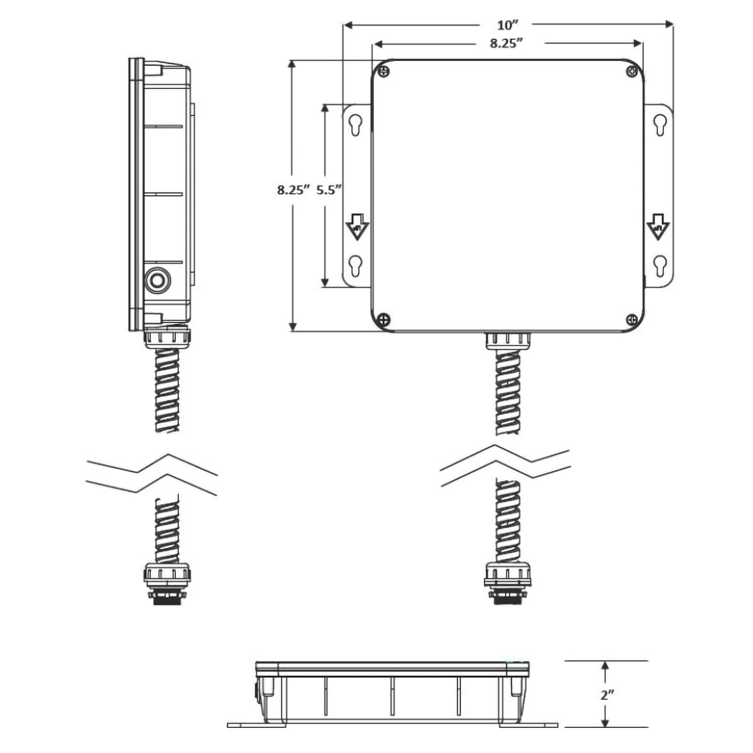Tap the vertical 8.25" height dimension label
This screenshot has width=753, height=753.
[294, 190]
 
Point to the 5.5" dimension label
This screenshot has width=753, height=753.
[329, 190]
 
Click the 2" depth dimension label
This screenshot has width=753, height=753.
[607, 695]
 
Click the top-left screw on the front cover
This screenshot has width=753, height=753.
[384, 71]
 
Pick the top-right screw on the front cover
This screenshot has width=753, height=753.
[632, 71]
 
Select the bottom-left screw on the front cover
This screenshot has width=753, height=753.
[384, 319]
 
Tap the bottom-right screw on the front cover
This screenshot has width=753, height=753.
[632, 319]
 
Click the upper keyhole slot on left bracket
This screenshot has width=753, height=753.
[355, 125]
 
